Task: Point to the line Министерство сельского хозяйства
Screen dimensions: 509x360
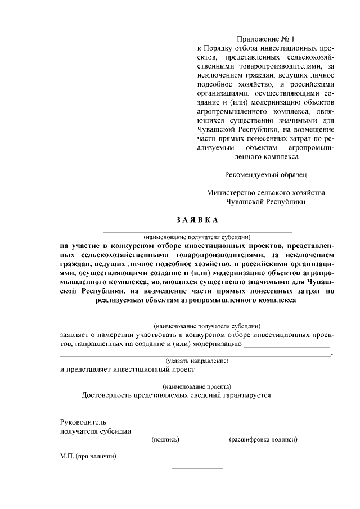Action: pyautogui.click(x=265, y=192)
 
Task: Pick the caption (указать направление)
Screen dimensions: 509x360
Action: pyautogui.click(x=196, y=360)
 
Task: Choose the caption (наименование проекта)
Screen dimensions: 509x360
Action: pyautogui.click(x=196, y=386)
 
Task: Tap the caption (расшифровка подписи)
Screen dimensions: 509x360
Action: pyautogui.click(x=263, y=440)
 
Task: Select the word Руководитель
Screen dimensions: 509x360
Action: pyautogui.click(x=83, y=421)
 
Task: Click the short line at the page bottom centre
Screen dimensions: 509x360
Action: pyautogui.click(x=196, y=468)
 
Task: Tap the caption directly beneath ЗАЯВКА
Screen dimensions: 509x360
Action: pyautogui.click(x=196, y=237)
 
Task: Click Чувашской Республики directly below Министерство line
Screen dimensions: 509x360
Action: pyautogui.click(x=265, y=201)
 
